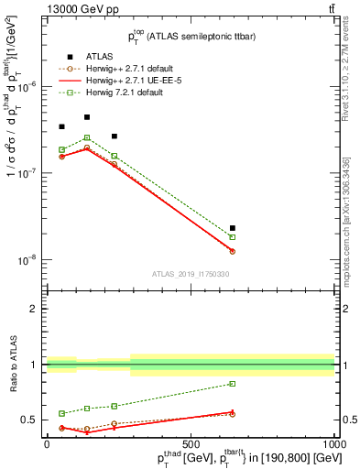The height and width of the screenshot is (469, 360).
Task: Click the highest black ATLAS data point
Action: tap(87, 117)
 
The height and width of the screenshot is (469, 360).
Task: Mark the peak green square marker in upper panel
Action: tap(87, 137)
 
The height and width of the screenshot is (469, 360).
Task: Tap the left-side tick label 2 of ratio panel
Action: tap(34, 310)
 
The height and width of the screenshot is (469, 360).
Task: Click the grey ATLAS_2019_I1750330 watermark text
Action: tap(191, 274)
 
